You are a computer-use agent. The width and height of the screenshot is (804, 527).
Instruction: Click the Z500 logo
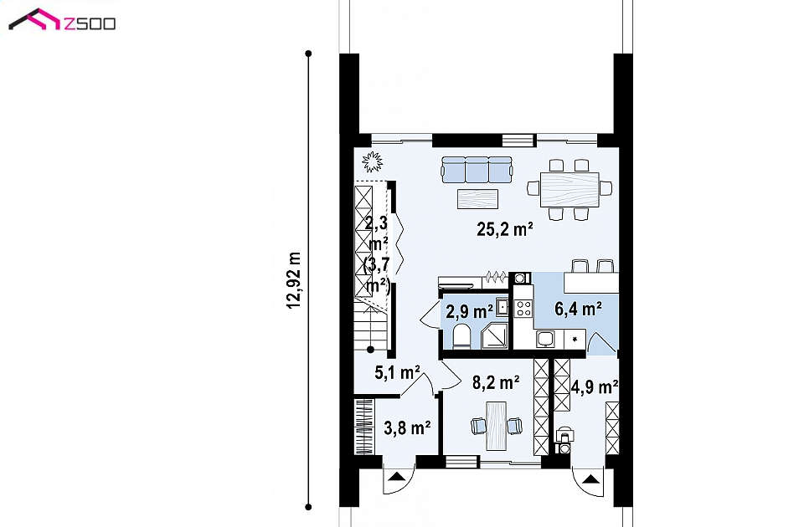[61, 20]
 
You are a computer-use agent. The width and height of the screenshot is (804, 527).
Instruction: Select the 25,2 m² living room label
[505, 229]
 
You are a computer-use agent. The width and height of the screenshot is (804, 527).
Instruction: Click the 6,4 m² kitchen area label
[579, 309]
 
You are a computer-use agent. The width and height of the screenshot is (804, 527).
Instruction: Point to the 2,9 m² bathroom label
[470, 311]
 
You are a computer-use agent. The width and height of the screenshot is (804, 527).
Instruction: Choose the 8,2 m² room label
[496, 382]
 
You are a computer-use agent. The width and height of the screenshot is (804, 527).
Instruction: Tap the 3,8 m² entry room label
[407, 427]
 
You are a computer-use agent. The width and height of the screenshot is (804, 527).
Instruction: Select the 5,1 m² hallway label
[397, 372]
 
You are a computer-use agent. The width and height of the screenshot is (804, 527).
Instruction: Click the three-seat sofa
[477, 170]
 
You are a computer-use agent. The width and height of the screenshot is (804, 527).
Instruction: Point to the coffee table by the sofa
[478, 199]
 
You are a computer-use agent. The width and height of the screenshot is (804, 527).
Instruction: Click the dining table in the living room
[569, 190]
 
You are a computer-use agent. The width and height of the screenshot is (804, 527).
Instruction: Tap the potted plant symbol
[372, 161]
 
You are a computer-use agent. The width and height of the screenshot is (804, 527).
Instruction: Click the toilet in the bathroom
[461, 336]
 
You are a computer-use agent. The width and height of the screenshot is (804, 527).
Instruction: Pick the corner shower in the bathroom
[494, 336]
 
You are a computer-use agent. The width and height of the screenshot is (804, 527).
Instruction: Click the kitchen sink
[545, 339]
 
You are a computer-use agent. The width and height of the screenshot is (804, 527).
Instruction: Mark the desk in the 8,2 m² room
[496, 426]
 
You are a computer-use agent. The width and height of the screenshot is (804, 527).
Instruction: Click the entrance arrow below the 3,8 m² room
[396, 478]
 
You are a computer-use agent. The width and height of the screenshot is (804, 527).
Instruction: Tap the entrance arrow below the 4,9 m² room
[590, 479]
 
